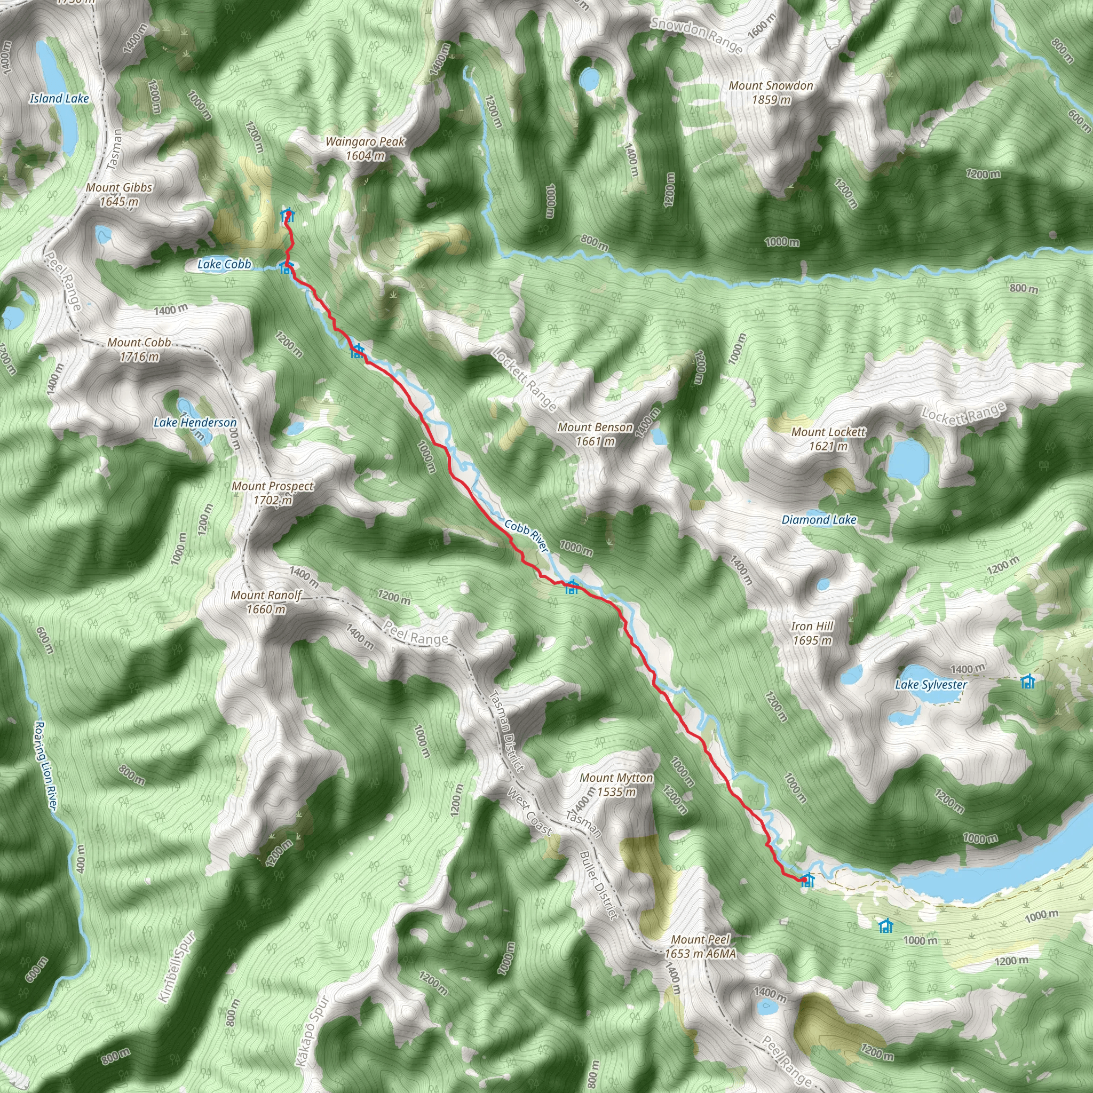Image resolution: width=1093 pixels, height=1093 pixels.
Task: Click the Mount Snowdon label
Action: (x=771, y=93)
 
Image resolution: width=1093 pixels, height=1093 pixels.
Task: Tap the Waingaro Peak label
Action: (x=365, y=148)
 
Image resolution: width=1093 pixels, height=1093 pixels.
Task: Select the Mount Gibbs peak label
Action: (x=119, y=194)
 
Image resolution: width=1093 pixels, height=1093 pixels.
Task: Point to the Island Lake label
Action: (x=59, y=98)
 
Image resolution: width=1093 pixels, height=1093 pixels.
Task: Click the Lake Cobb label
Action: (x=224, y=264)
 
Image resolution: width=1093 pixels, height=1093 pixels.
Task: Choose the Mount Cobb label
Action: (x=139, y=349)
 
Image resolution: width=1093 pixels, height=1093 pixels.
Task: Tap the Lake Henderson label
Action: (x=195, y=423)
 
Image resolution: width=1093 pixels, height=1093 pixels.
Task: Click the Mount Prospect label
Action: (x=273, y=493)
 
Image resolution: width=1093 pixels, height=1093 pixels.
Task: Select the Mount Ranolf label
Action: (x=266, y=602)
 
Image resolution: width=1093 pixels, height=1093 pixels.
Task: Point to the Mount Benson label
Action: (x=595, y=434)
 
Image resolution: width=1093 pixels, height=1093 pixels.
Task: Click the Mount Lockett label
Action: (x=828, y=439)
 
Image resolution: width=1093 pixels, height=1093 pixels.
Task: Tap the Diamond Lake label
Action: (x=819, y=520)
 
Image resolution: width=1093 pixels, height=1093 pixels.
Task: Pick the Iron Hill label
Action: (x=812, y=633)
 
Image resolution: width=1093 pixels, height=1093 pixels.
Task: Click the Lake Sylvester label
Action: (x=931, y=685)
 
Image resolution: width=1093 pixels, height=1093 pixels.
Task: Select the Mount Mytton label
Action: (x=616, y=785)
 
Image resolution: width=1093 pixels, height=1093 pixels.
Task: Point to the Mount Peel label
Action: (x=700, y=946)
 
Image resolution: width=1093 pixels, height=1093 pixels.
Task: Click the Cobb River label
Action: (x=526, y=536)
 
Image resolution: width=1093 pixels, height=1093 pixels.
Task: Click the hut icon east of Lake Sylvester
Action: (x=1028, y=682)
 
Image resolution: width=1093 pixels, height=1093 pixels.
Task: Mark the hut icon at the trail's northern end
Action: (x=288, y=216)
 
